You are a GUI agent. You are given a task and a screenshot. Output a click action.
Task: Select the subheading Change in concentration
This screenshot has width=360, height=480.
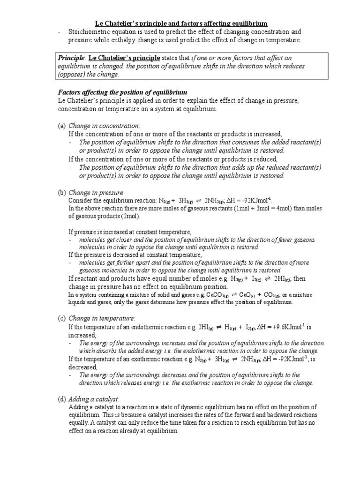click(x=104, y=126)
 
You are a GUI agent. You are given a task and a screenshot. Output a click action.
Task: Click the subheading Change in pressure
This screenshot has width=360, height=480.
click(x=96, y=192)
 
